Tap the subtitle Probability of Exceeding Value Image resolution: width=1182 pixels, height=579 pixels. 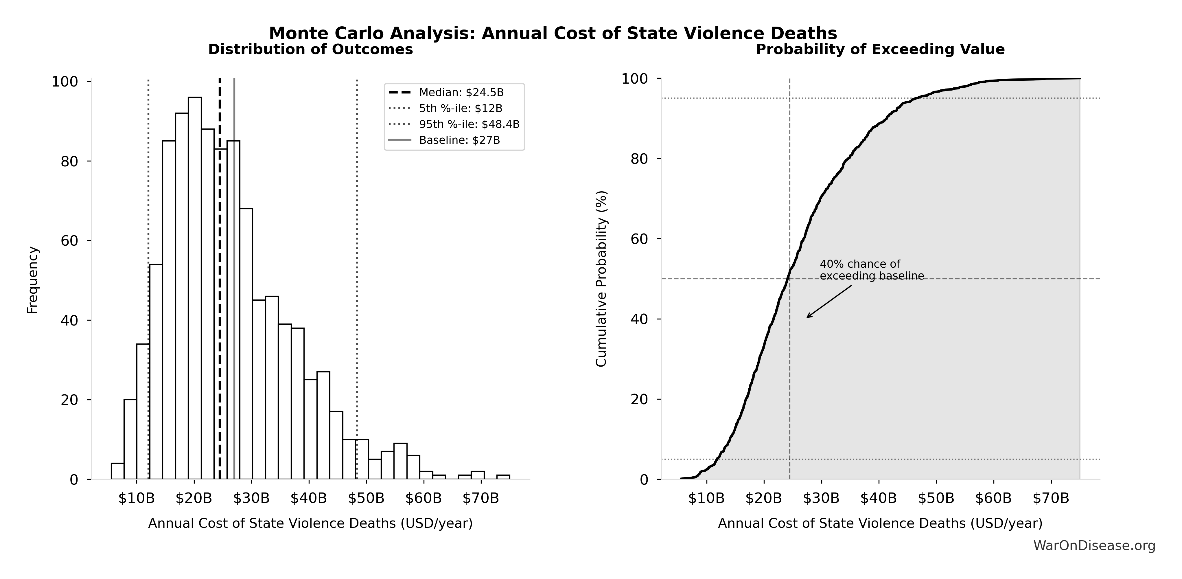pyautogui.click(x=880, y=49)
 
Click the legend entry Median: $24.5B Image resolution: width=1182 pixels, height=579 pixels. pyautogui.click(x=461, y=93)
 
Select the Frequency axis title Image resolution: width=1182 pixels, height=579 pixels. pyautogui.click(x=33, y=280)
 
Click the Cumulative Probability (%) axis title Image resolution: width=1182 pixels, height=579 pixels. pyautogui.click(x=601, y=278)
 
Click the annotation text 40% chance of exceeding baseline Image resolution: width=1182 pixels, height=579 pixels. pyautogui.click(x=871, y=270)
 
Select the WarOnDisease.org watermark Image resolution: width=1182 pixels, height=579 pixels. pyautogui.click(x=1094, y=545)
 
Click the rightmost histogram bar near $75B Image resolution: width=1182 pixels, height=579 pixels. pyautogui.click(x=503, y=477)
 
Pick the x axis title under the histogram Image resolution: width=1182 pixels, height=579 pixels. pyautogui.click(x=310, y=523)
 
